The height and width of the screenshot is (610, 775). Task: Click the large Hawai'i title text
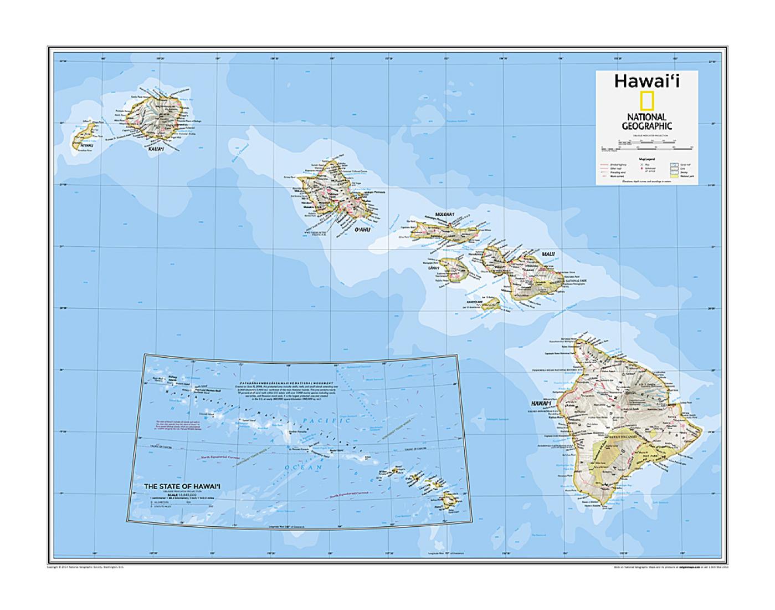[646, 81]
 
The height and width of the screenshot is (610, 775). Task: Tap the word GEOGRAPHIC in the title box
[646, 126]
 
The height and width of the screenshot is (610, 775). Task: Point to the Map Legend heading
[646, 159]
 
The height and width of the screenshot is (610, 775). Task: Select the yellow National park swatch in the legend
[674, 176]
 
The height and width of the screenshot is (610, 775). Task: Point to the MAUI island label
[548, 254]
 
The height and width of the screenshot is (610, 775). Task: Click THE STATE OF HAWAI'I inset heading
[182, 486]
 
